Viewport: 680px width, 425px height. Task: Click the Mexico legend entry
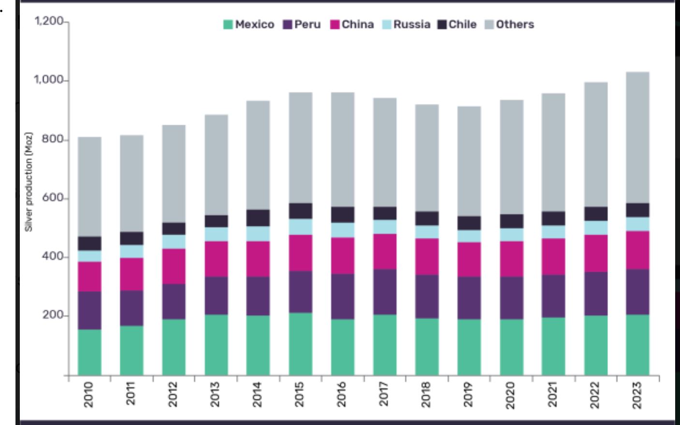pyautogui.click(x=249, y=25)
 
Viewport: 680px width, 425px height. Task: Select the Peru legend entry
pyautogui.click(x=302, y=25)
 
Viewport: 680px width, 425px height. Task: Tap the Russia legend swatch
pyautogui.click(x=387, y=25)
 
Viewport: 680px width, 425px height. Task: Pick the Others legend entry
pyautogui.click(x=510, y=25)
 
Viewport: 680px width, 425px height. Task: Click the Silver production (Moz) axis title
pyautogui.click(x=30, y=182)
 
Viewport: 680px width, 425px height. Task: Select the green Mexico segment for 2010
pyautogui.click(x=89, y=352)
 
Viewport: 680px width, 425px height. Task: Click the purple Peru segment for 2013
pyautogui.click(x=216, y=295)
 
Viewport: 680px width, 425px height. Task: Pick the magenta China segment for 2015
pyautogui.click(x=301, y=253)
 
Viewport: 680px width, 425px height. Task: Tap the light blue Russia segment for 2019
pyautogui.click(x=470, y=236)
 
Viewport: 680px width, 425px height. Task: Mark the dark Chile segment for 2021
pyautogui.click(x=554, y=219)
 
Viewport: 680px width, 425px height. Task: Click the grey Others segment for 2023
pyautogui.click(x=638, y=138)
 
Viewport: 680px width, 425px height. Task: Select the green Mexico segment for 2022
pyautogui.click(x=596, y=345)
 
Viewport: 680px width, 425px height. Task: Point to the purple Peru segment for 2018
pyautogui.click(x=427, y=296)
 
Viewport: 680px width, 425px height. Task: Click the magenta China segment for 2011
pyautogui.click(x=132, y=274)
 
